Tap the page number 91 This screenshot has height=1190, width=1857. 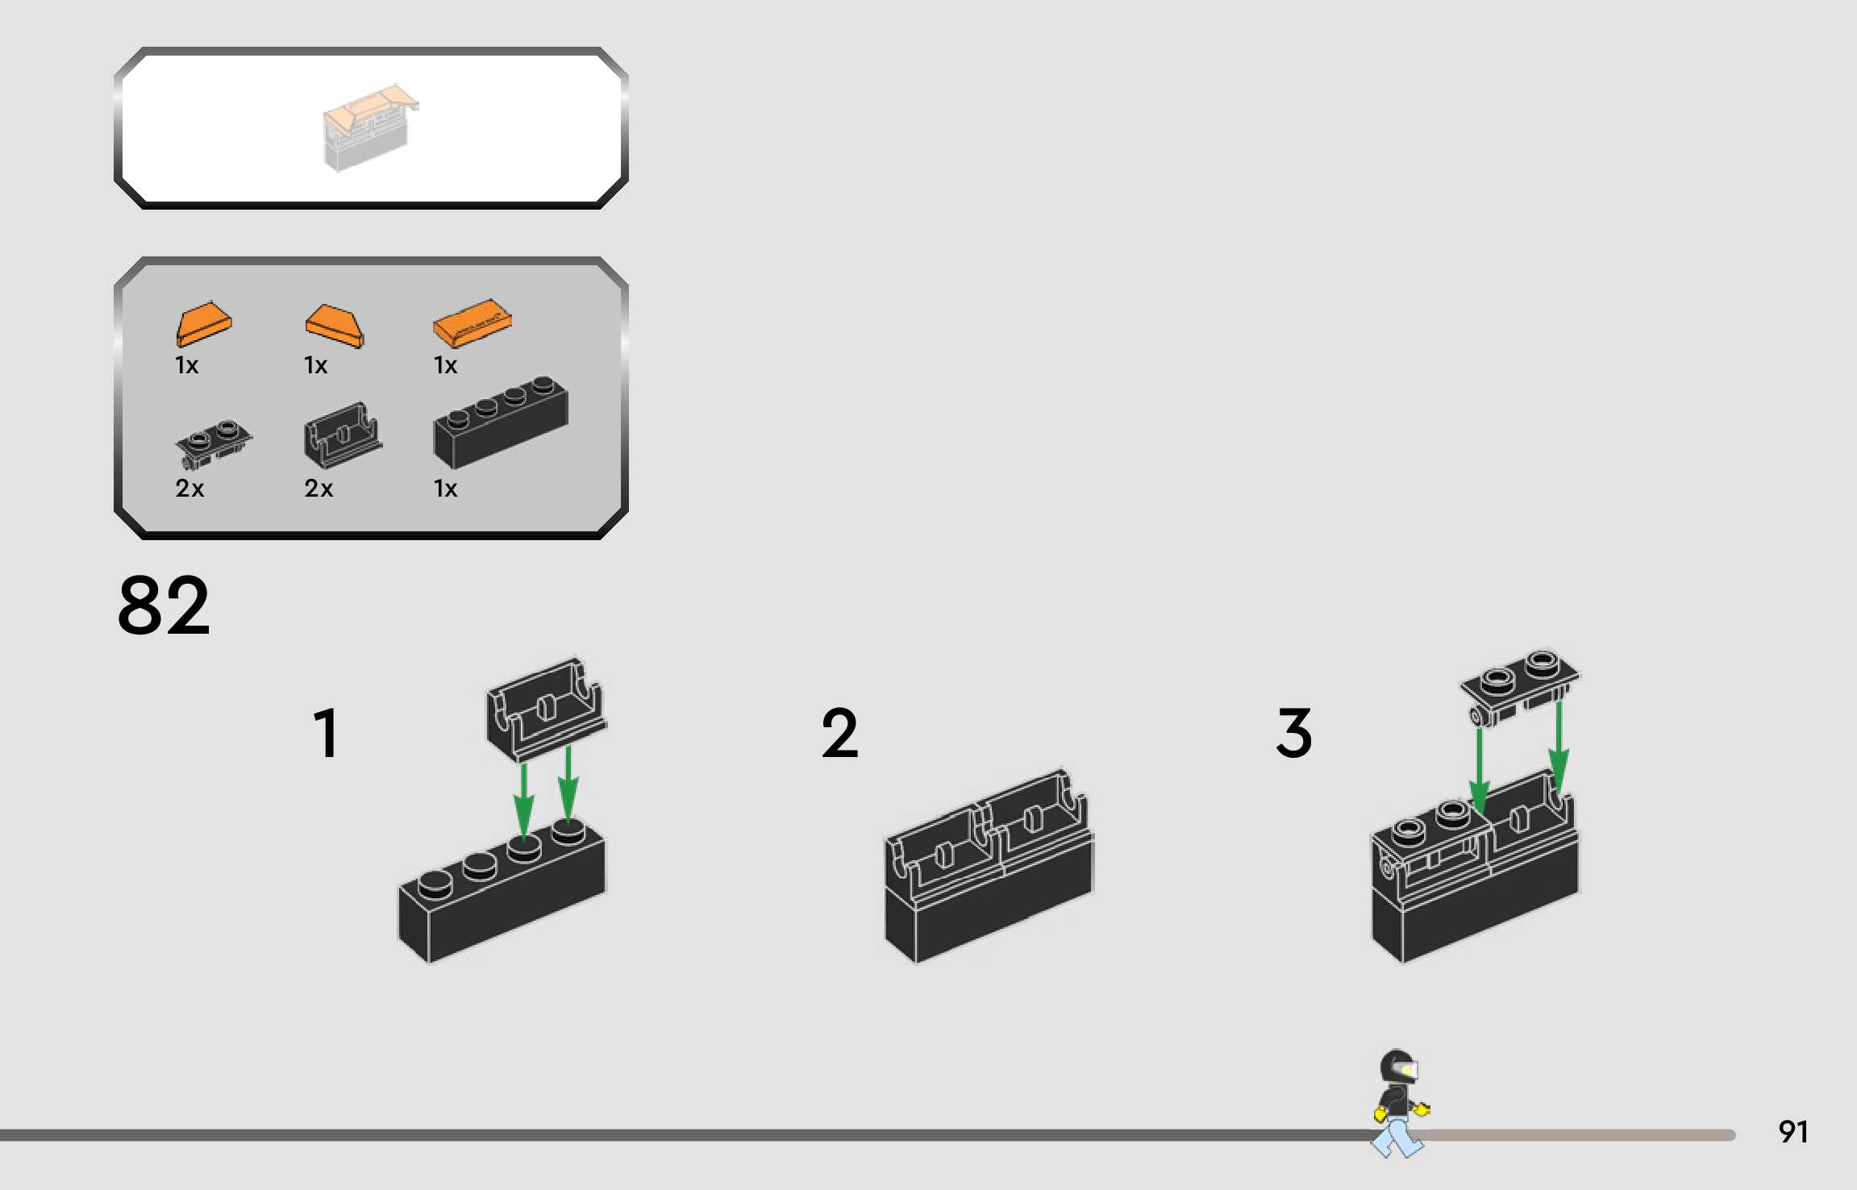1792,1132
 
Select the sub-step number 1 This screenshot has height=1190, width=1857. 327,733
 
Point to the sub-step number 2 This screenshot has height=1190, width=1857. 839,733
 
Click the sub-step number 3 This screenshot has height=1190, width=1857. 1293,733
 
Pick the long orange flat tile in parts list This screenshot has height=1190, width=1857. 472,322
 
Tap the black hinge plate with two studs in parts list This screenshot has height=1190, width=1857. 213,443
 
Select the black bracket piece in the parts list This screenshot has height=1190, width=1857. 342,435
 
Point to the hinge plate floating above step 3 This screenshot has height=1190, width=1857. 1519,686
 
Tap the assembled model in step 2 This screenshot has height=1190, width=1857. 989,869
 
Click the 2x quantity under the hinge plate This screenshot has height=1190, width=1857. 189,488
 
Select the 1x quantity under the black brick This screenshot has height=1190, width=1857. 445,488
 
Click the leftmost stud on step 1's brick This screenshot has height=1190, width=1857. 435,883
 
